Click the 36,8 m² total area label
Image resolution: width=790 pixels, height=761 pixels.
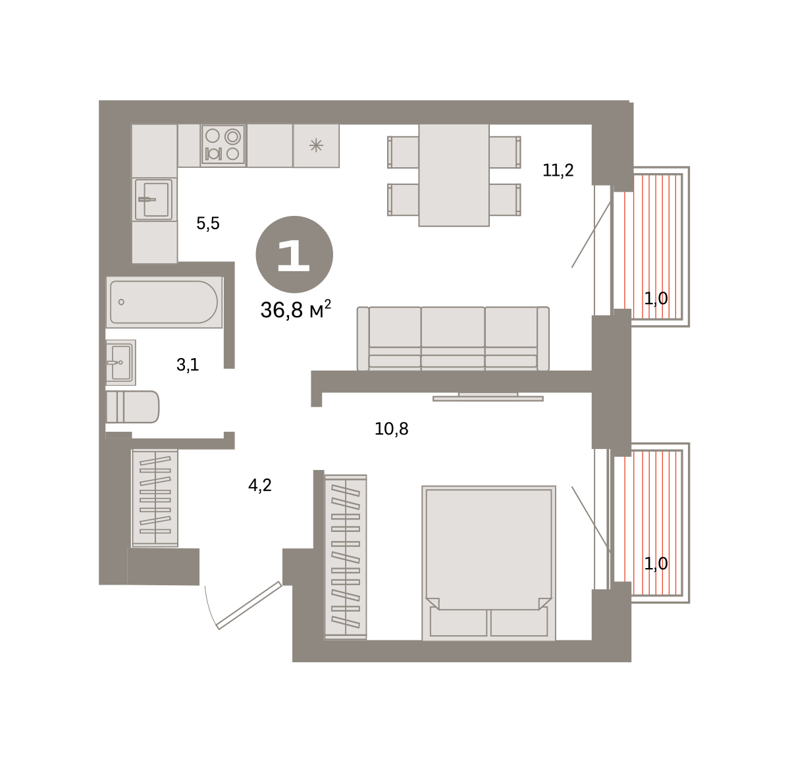[296, 310]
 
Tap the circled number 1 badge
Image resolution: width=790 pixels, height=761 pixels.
[294, 255]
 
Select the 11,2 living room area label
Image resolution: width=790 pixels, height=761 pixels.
[558, 170]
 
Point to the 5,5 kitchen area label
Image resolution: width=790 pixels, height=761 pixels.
[208, 223]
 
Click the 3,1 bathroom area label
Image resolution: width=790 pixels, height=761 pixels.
[188, 365]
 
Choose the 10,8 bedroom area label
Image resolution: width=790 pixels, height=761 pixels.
[391, 429]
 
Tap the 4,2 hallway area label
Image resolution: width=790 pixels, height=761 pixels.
[260, 485]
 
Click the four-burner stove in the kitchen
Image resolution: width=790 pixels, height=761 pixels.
[223, 144]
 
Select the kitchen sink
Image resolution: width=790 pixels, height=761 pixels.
[154, 199]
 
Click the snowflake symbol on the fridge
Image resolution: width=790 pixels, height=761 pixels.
[316, 145]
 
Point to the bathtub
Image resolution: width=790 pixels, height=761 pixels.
[164, 302]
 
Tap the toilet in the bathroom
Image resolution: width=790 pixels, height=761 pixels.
[132, 407]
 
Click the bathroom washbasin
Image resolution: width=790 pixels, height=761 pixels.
[120, 363]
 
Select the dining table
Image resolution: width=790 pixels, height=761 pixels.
[454, 175]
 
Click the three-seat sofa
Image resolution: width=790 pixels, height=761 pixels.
[453, 338]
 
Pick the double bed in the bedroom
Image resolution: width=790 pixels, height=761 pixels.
[488, 563]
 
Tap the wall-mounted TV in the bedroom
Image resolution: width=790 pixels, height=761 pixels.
[488, 397]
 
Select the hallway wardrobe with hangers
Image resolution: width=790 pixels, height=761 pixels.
[155, 498]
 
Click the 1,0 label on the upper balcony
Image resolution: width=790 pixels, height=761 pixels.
[656, 298]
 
